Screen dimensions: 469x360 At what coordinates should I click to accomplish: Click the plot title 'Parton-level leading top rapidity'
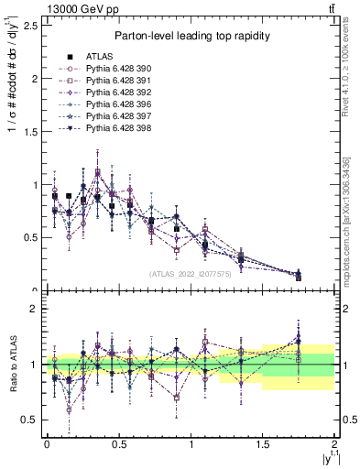click(x=191, y=36)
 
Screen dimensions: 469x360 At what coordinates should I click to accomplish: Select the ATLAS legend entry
click(x=101, y=55)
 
